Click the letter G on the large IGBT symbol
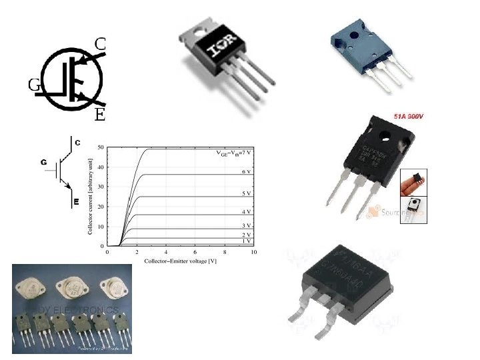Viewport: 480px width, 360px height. coord(33,85)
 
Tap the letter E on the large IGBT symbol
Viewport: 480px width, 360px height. coord(99,115)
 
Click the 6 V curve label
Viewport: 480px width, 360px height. coord(245,171)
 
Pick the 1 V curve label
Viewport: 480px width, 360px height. coord(246,241)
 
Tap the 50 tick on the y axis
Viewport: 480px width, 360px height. coord(100,147)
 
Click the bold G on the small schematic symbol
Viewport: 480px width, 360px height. coord(43,162)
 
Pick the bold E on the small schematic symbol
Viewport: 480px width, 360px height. coord(76,201)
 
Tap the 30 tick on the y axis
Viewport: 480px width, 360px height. coord(100,187)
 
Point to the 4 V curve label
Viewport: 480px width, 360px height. coord(245,211)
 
